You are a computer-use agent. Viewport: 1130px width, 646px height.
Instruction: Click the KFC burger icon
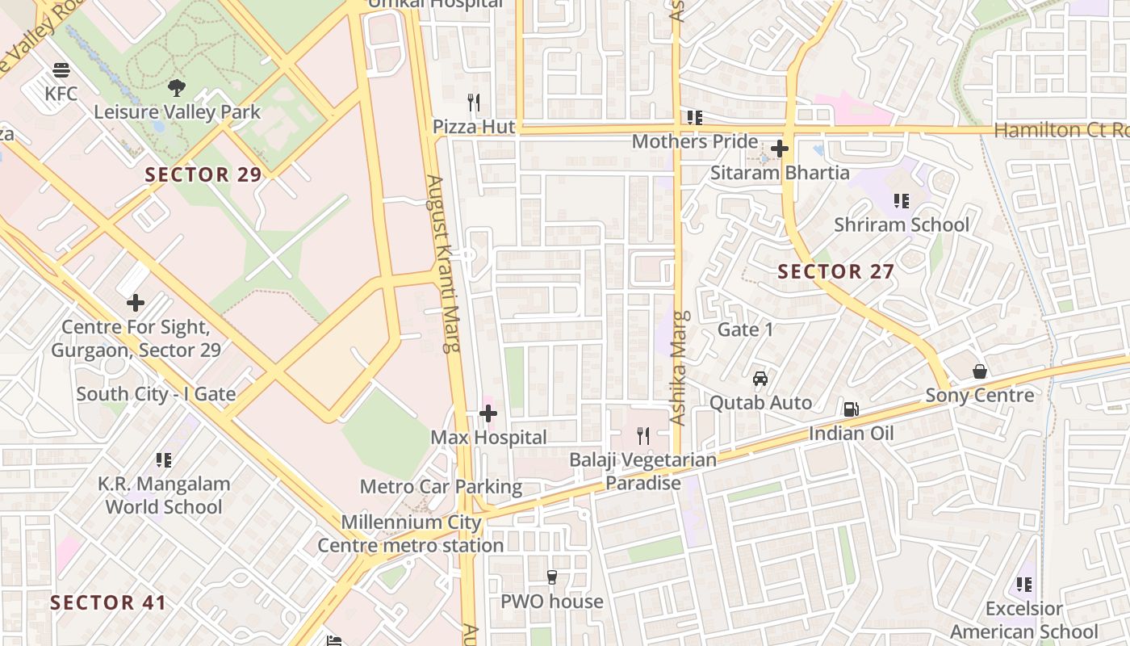tap(61, 70)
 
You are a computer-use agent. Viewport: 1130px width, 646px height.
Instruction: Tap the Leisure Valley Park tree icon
tap(176, 87)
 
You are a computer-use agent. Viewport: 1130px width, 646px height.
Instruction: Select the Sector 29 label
tap(203, 174)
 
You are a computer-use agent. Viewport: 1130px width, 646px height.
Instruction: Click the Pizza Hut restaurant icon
tap(474, 103)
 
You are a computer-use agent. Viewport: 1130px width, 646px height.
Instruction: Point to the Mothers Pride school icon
tap(694, 118)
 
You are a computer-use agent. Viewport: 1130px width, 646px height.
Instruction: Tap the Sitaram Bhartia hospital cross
tap(779, 149)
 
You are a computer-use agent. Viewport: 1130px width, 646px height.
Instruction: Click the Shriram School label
tap(902, 224)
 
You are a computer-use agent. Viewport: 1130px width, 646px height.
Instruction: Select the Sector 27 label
tap(836, 271)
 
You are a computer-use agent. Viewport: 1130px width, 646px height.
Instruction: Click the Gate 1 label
tap(746, 329)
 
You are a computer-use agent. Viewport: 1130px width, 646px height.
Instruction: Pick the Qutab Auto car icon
tap(760, 378)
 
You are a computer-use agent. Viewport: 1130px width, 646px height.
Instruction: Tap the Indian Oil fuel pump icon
tap(851, 409)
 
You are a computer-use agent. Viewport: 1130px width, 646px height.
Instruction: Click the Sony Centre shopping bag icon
tap(979, 371)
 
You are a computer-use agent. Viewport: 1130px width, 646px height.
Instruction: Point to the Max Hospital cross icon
tap(488, 414)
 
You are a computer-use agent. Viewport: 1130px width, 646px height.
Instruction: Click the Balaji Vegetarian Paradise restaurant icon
tap(642, 436)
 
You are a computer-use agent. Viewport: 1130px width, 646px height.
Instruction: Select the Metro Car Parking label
tap(441, 487)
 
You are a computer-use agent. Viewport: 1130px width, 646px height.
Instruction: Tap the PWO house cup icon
tap(552, 577)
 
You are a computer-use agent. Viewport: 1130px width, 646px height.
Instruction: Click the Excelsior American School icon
tap(1024, 584)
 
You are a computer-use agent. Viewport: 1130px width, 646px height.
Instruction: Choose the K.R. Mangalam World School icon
tap(164, 460)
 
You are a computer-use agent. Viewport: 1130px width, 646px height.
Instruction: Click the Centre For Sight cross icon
tap(136, 303)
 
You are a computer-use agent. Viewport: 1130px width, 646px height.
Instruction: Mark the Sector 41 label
tap(108, 602)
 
